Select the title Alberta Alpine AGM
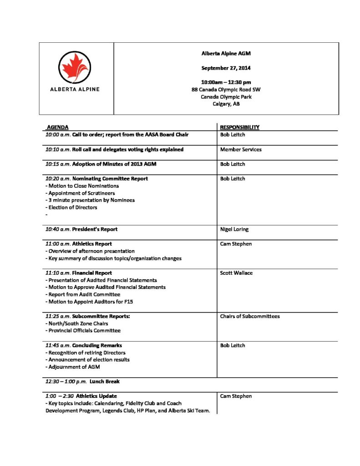tap(226, 54)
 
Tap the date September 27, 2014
tap(226, 68)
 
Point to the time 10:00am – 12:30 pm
tap(226, 82)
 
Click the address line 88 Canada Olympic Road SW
tap(226, 90)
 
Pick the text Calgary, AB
tap(226, 104)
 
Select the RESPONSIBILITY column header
tap(240, 127)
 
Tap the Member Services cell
tap(241, 149)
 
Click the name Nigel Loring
tap(234, 229)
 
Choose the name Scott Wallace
tap(236, 273)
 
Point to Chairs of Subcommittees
tap(250, 316)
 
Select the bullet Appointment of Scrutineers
tap(80, 193)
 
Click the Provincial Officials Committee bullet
tap(83, 331)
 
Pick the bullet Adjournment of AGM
tap(72, 367)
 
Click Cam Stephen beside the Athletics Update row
tap(236, 396)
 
